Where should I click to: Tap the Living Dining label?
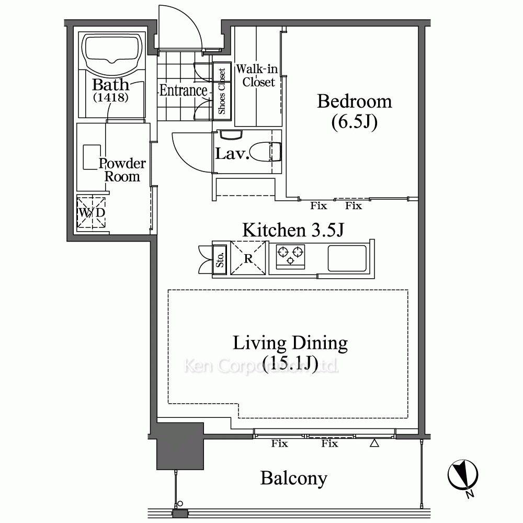tap(290, 343)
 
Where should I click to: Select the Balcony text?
tap(293, 479)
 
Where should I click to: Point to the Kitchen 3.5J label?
tap(293, 230)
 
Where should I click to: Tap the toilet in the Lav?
tap(265, 152)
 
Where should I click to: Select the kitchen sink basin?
tap(347, 258)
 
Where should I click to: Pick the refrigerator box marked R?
tap(248, 258)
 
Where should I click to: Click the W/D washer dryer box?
tap(91, 212)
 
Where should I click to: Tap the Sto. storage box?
tap(220, 259)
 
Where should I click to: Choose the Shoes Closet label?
tap(222, 91)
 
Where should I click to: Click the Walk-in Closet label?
tap(257, 75)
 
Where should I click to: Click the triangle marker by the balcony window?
tap(374, 443)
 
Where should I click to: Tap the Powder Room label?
tap(122, 170)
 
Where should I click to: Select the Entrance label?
tap(183, 90)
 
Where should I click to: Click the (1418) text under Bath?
tap(110, 97)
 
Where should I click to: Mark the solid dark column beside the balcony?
tap(180, 446)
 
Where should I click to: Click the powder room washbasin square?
tap(92, 157)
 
